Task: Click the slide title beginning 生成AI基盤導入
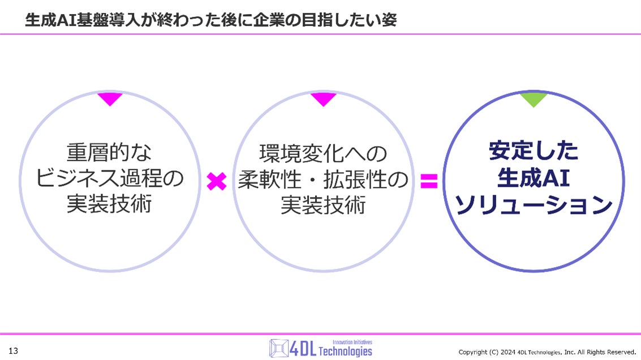[210, 20]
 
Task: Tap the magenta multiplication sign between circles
[216, 181]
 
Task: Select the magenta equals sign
[429, 181]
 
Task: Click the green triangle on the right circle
[533, 100]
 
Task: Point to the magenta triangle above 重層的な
[110, 99]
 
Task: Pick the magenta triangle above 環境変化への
[323, 99]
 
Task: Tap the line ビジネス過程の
[110, 178]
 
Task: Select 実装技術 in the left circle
[110, 204]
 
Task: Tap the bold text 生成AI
[534, 178]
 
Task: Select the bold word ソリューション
[534, 205]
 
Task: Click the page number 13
[13, 351]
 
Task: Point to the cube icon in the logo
[279, 348]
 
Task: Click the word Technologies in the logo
[345, 352]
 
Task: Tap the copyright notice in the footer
[547, 352]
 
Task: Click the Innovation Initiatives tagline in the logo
[352, 342]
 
